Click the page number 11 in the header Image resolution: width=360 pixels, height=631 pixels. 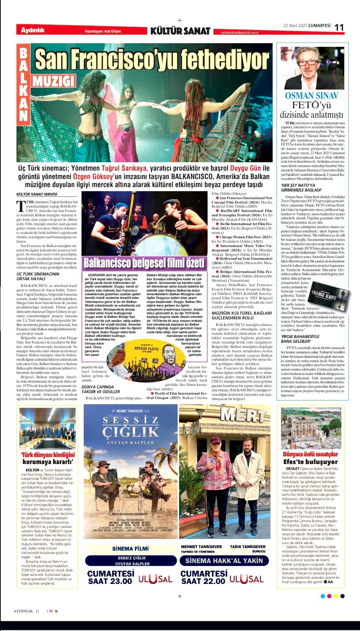click(x=340, y=27)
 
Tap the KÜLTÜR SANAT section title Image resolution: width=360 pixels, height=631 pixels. click(x=180, y=31)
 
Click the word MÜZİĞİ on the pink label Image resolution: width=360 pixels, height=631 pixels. click(x=53, y=81)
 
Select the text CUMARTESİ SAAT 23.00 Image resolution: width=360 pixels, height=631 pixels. click(x=110, y=577)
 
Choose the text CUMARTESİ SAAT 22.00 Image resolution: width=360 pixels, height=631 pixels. click(x=203, y=577)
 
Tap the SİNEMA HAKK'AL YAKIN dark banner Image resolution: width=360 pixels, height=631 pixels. click(x=224, y=560)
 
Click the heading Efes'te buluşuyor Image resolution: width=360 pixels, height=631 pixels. click(x=310, y=462)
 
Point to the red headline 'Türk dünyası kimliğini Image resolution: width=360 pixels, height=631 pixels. click(x=48, y=455)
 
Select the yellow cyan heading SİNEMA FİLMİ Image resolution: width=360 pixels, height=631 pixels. click(x=130, y=548)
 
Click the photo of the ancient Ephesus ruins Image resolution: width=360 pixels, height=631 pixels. click(x=310, y=428)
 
